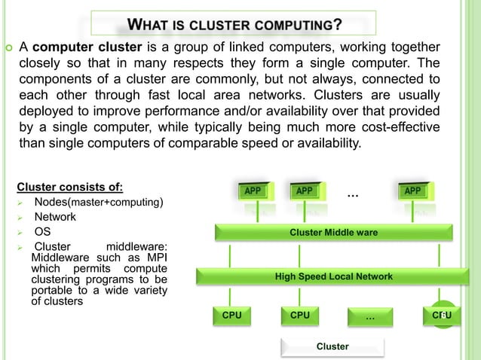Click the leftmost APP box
click(x=253, y=191)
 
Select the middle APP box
click(x=304, y=191)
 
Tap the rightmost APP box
click(x=412, y=191)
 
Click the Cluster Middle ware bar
click(x=333, y=233)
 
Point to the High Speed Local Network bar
click(x=333, y=276)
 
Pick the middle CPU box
click(x=300, y=315)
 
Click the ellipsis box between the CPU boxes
click(x=369, y=316)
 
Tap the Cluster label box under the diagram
click(x=332, y=346)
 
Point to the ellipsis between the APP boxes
click(x=352, y=196)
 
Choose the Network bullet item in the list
click(x=55, y=217)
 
